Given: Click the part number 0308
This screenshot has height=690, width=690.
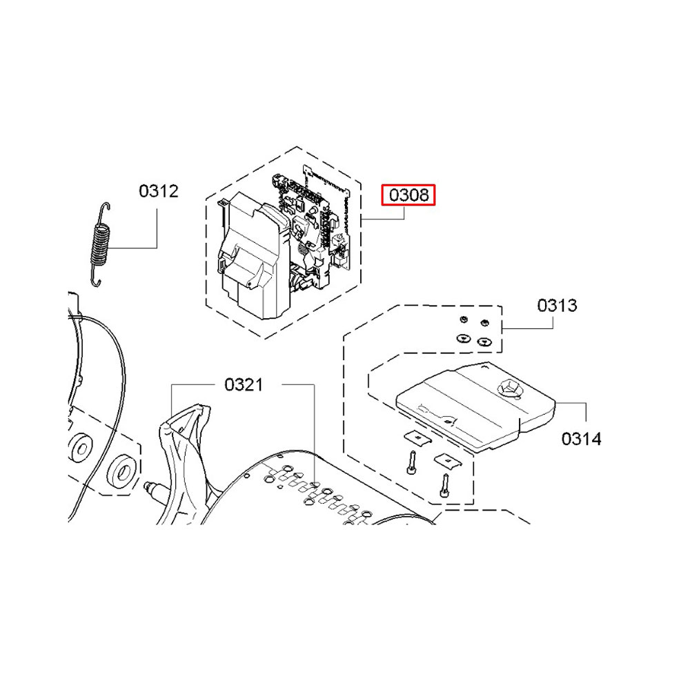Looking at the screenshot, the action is (x=408, y=195).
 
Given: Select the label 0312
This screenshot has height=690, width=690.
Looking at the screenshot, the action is (x=159, y=191).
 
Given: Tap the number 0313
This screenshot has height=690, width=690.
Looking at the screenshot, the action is (x=557, y=306).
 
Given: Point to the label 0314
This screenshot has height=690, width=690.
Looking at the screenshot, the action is (x=581, y=439).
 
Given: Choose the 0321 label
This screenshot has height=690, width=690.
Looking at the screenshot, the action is (x=244, y=384).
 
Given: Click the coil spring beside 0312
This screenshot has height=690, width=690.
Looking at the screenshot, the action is (x=100, y=244).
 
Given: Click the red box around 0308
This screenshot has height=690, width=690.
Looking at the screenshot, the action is (x=408, y=195).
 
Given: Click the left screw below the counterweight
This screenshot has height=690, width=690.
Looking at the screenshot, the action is (x=412, y=463).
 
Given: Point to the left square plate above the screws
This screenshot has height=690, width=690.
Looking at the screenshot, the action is (x=417, y=438).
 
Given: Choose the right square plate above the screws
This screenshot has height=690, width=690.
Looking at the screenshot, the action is (x=448, y=461).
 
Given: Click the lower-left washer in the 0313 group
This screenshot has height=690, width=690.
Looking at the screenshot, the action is (x=464, y=338).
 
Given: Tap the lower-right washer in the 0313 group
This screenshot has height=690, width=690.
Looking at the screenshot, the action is (x=484, y=341).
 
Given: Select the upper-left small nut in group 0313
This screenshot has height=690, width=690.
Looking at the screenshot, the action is (x=463, y=319).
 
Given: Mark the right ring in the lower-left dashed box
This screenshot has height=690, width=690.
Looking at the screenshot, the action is (x=122, y=472).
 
